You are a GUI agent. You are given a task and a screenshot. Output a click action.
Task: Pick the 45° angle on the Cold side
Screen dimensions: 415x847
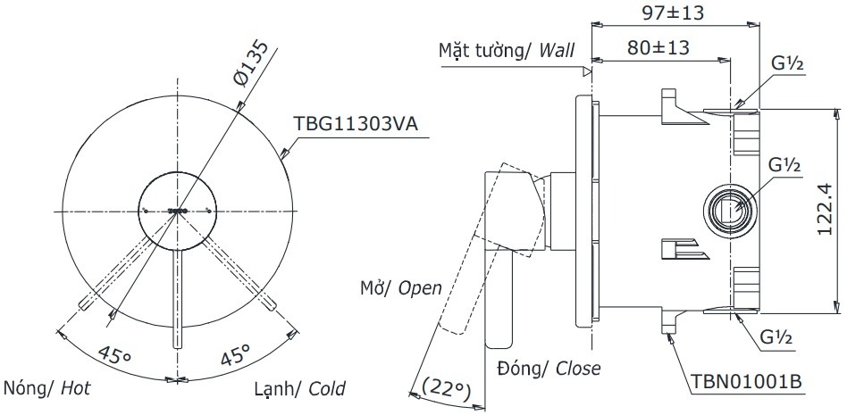point(234,356)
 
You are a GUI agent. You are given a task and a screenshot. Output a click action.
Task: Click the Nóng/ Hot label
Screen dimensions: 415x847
point(47,389)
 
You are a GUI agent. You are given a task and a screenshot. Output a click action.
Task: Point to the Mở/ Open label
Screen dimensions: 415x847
point(401,287)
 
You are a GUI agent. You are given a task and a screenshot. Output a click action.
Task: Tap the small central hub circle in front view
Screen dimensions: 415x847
point(178,211)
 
